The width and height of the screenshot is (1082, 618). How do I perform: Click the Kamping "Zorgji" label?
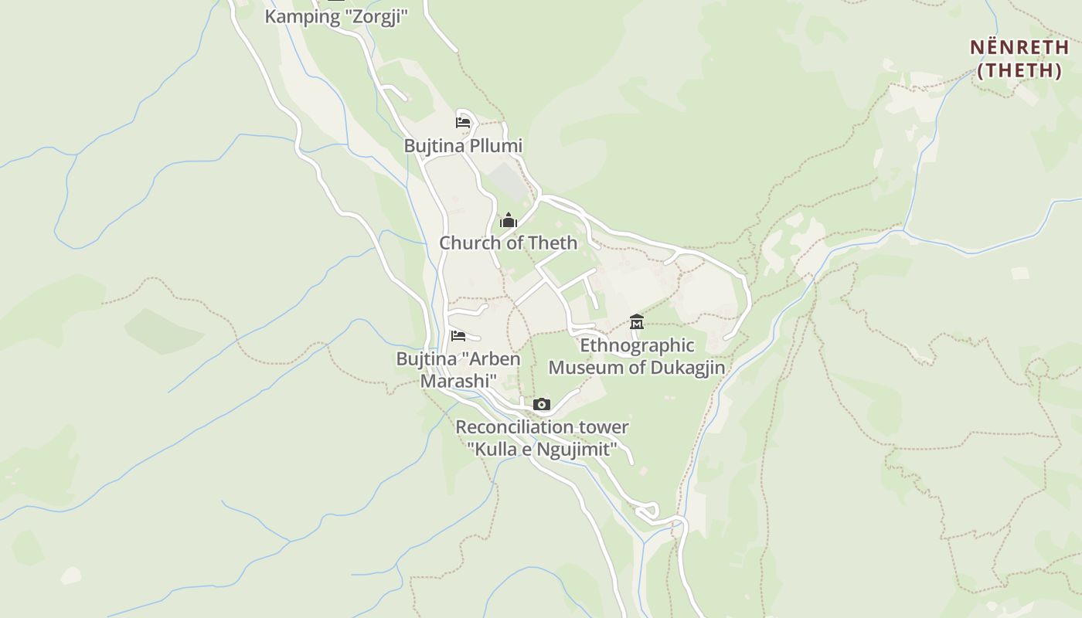pyautogui.click(x=336, y=16)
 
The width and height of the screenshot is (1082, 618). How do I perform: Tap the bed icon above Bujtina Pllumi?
pyautogui.click(x=463, y=122)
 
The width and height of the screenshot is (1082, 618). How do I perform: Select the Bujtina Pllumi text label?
pyautogui.click(x=463, y=145)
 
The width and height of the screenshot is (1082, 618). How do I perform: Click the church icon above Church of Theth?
pyautogui.click(x=508, y=220)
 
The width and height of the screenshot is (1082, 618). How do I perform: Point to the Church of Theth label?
pyautogui.click(x=508, y=243)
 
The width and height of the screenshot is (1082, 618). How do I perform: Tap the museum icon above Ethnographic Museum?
pyautogui.click(x=637, y=321)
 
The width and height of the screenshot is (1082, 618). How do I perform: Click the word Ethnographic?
pyautogui.click(x=637, y=345)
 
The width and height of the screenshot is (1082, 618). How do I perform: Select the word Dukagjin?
pyautogui.click(x=687, y=367)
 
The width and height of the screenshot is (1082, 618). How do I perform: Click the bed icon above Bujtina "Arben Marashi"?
pyautogui.click(x=458, y=336)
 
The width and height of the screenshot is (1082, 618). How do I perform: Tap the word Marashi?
pyautogui.click(x=458, y=381)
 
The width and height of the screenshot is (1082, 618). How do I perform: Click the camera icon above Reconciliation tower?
pyautogui.click(x=542, y=404)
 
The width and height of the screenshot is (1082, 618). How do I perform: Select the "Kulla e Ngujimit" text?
pyautogui.click(x=542, y=449)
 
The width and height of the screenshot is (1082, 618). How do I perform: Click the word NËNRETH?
pyautogui.click(x=1019, y=47)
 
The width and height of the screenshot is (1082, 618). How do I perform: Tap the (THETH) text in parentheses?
pyautogui.click(x=1019, y=70)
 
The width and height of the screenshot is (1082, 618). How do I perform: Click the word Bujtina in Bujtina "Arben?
pyautogui.click(x=424, y=358)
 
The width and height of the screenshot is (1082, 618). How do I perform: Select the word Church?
pyautogui.click(x=468, y=243)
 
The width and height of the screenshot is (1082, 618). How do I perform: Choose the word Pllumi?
pyautogui.click(x=494, y=145)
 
